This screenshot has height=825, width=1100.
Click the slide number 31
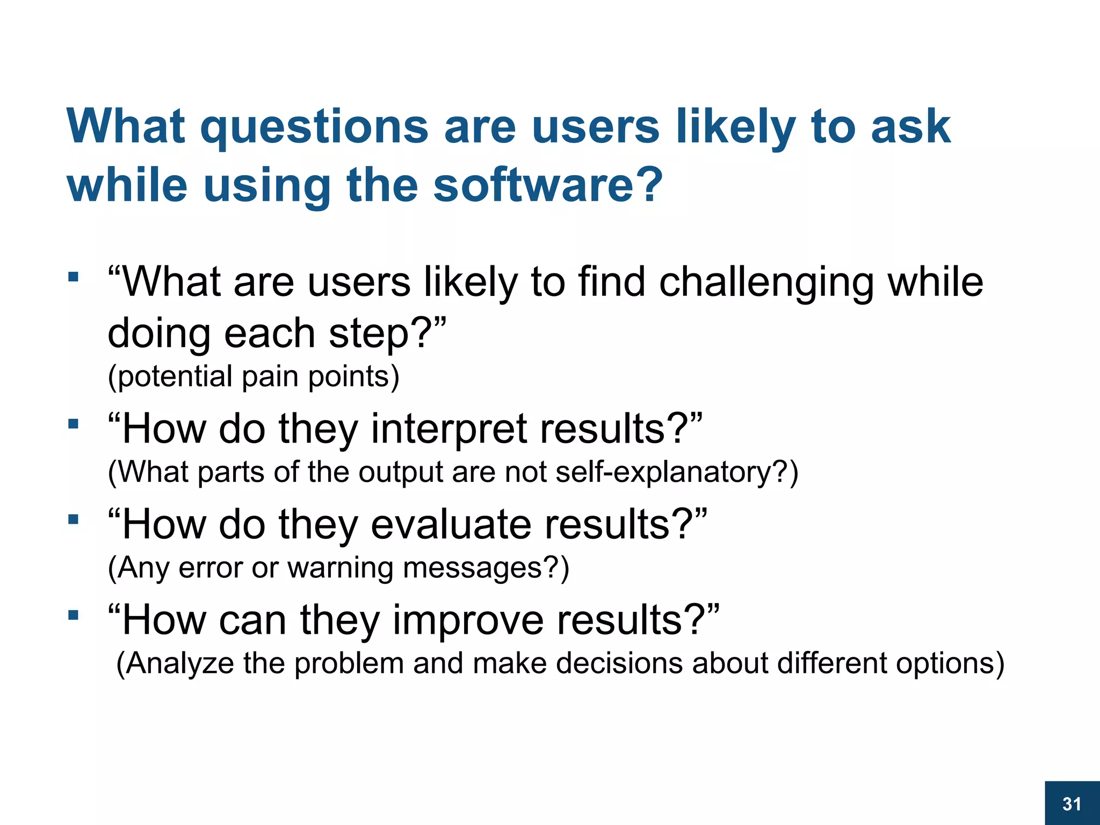point(1072,804)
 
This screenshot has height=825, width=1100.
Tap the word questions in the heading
point(314,128)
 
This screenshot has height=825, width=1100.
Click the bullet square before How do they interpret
point(74,424)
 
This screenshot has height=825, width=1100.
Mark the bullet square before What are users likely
point(74,278)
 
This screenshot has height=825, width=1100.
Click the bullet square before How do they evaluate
point(74,520)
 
